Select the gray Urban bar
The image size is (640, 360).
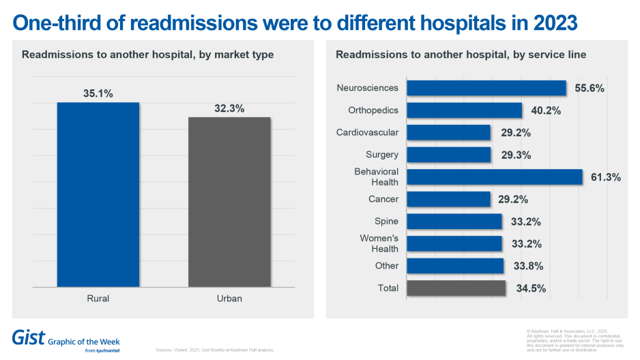pyautogui.click(x=229, y=202)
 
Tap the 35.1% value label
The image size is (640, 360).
pyautogui.click(x=98, y=93)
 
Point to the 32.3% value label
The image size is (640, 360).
pyautogui.click(x=229, y=108)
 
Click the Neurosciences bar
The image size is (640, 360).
pyautogui.click(x=486, y=88)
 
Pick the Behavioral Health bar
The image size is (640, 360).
pyautogui.click(x=495, y=177)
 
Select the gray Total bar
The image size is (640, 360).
pyautogui.click(x=456, y=288)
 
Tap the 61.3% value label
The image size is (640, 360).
pyautogui.click(x=605, y=177)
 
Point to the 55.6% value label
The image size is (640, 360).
pyautogui.click(x=590, y=88)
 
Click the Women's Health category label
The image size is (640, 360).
pyautogui.click(x=379, y=243)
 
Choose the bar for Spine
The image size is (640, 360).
pyautogui.click(x=454, y=222)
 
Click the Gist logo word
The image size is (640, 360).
pyautogui.click(x=29, y=337)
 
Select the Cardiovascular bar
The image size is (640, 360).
pyautogui.click(x=449, y=132)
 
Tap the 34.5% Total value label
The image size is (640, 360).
pyautogui.click(x=531, y=288)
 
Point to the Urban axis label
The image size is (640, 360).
pyautogui.click(x=229, y=299)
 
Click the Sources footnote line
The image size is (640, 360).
pyautogui.click(x=216, y=350)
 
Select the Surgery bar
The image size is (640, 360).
pyautogui.click(x=449, y=155)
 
